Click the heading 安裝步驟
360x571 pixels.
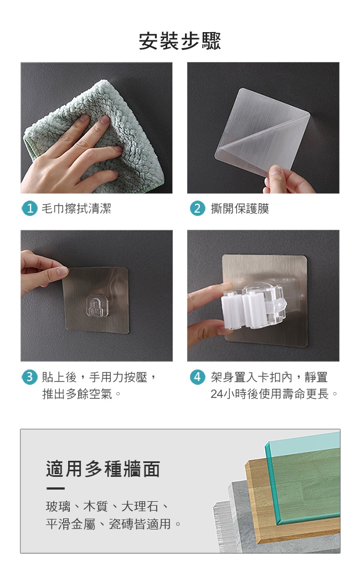pyautogui.click(x=180, y=41)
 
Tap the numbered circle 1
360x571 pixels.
pyautogui.click(x=30, y=209)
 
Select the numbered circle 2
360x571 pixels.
pyautogui.click(x=197, y=209)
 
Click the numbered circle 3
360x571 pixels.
pyautogui.click(x=30, y=377)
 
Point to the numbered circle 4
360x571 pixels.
pyautogui.click(x=197, y=377)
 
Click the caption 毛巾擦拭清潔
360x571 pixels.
pyautogui.click(x=76, y=209)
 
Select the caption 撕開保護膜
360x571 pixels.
pyautogui.click(x=240, y=209)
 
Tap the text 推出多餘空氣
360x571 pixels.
pyautogui.click(x=78, y=394)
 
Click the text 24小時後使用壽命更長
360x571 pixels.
pyautogui.click(x=270, y=394)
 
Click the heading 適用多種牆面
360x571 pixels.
pyautogui.click(x=103, y=469)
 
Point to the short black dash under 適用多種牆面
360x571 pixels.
pyautogui.click(x=55, y=488)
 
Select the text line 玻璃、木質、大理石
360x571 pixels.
pyautogui.click(x=102, y=506)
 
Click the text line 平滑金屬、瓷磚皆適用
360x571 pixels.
pyautogui.click(x=108, y=524)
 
